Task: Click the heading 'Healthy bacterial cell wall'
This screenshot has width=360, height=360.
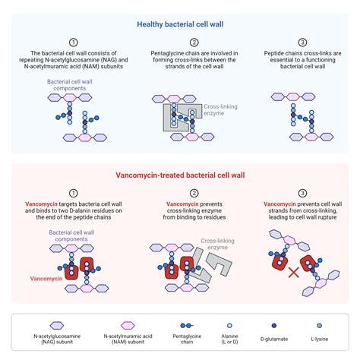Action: click(180, 24)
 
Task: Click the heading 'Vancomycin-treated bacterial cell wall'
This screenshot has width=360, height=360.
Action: click(180, 175)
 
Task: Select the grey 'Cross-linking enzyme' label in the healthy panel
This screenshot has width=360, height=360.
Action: click(221, 110)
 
